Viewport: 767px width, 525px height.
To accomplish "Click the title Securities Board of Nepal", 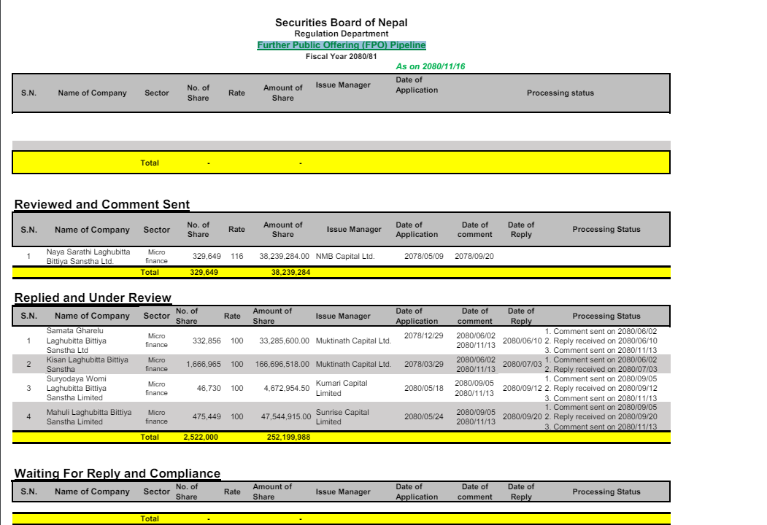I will pos(341,23).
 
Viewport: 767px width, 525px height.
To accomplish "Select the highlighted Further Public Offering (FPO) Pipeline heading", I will pos(341,45).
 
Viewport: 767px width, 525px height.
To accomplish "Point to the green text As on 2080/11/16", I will pos(430,66).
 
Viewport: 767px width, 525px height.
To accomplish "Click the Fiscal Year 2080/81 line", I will pos(341,56).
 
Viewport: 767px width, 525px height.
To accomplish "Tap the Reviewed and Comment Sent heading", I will pos(101,205).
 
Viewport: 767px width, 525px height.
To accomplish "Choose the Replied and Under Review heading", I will pos(93,297).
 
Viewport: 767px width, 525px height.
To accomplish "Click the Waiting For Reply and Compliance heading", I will pos(117,474).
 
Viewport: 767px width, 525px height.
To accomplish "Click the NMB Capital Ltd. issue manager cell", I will pos(344,257).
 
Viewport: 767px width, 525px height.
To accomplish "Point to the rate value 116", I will pos(236,257).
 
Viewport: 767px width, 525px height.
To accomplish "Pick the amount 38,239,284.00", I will pos(284,257).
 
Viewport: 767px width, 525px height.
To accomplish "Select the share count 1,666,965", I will pos(204,364).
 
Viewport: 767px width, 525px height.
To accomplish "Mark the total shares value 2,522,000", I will pos(200,437).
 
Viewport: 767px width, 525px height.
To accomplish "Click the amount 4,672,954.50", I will pos(286,388).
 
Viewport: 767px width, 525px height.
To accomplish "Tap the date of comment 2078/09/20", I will pos(474,257).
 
